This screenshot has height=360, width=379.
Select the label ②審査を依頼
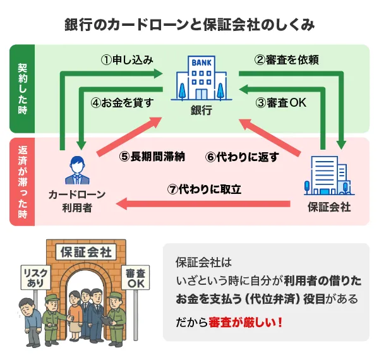286,60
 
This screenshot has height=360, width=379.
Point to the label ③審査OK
280,102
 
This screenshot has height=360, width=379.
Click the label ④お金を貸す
123,102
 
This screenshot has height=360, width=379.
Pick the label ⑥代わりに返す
243,157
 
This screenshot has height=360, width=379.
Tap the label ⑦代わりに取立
205,189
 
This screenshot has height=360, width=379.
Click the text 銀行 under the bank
200,111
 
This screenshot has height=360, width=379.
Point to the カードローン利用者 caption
78,200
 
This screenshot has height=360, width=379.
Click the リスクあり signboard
35,277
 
